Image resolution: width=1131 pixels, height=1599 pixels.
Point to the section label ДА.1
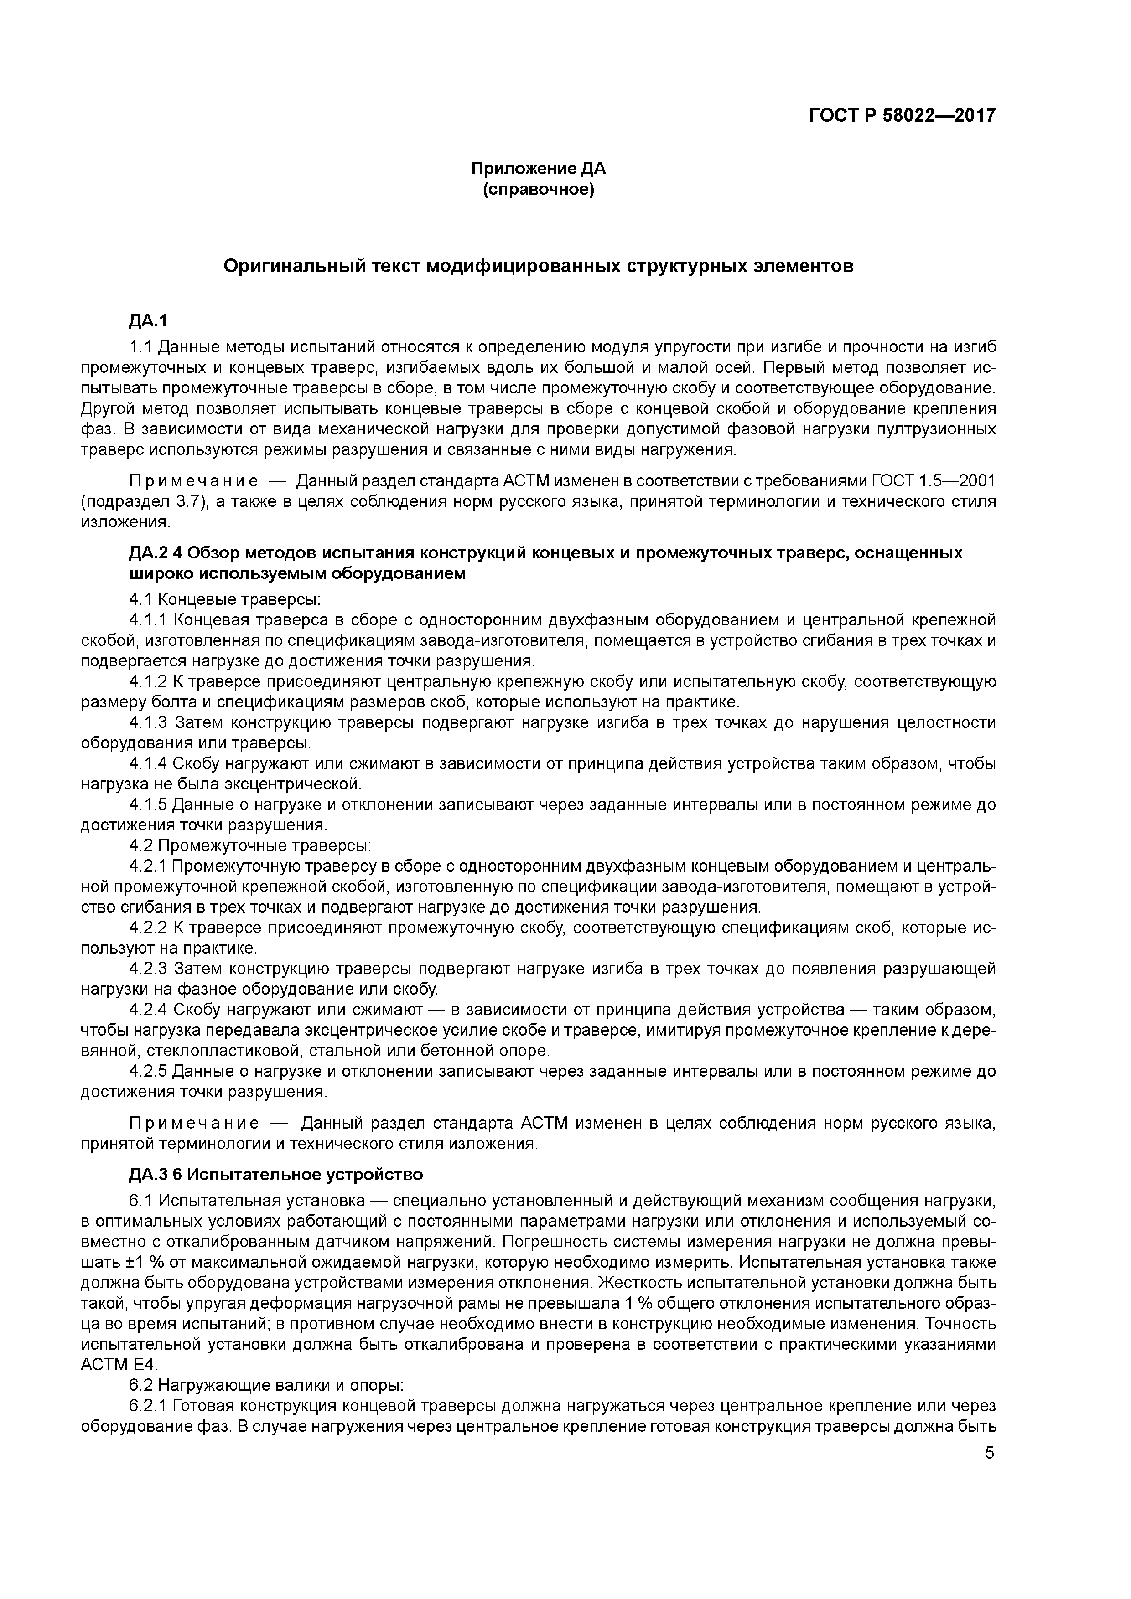tap(148, 320)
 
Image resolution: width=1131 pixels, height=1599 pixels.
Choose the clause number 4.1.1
tap(148, 619)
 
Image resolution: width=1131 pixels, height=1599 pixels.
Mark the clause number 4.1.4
tap(148, 763)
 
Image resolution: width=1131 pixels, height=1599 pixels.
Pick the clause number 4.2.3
tap(148, 968)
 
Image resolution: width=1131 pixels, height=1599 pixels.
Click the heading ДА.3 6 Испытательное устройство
tap(276, 1174)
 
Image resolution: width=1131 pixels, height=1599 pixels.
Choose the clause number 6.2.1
tap(148, 1405)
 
